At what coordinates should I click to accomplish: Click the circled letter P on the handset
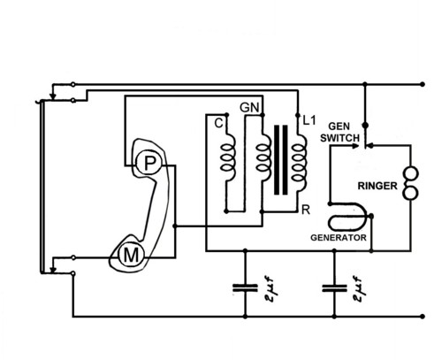coord(149,163)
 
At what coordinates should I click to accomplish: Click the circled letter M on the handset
coord(131,256)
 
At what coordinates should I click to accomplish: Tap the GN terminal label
coord(249,108)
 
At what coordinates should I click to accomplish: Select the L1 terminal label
coord(309,120)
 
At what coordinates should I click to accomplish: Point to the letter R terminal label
coord(306,210)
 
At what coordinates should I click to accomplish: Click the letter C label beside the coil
coord(218,123)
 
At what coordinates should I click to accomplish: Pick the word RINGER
coord(377,186)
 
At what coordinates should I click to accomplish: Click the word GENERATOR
coord(339,238)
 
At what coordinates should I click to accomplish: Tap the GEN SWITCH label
coord(339,132)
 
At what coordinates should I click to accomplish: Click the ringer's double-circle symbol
coord(410,183)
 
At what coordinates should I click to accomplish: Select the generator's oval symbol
coord(347,217)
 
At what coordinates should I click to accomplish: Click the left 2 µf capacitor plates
coord(245,288)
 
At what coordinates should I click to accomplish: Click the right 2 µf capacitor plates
coord(334,288)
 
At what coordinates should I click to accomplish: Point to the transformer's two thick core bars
coord(281,160)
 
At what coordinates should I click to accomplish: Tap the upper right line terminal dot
coord(423,84)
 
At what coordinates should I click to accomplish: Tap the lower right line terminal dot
coord(423,317)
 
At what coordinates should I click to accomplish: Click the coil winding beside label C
coord(228,158)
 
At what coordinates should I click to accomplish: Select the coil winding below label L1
coord(299,162)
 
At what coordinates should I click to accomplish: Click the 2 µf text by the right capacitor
coord(358,289)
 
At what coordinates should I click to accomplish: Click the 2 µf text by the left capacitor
coord(269,289)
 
